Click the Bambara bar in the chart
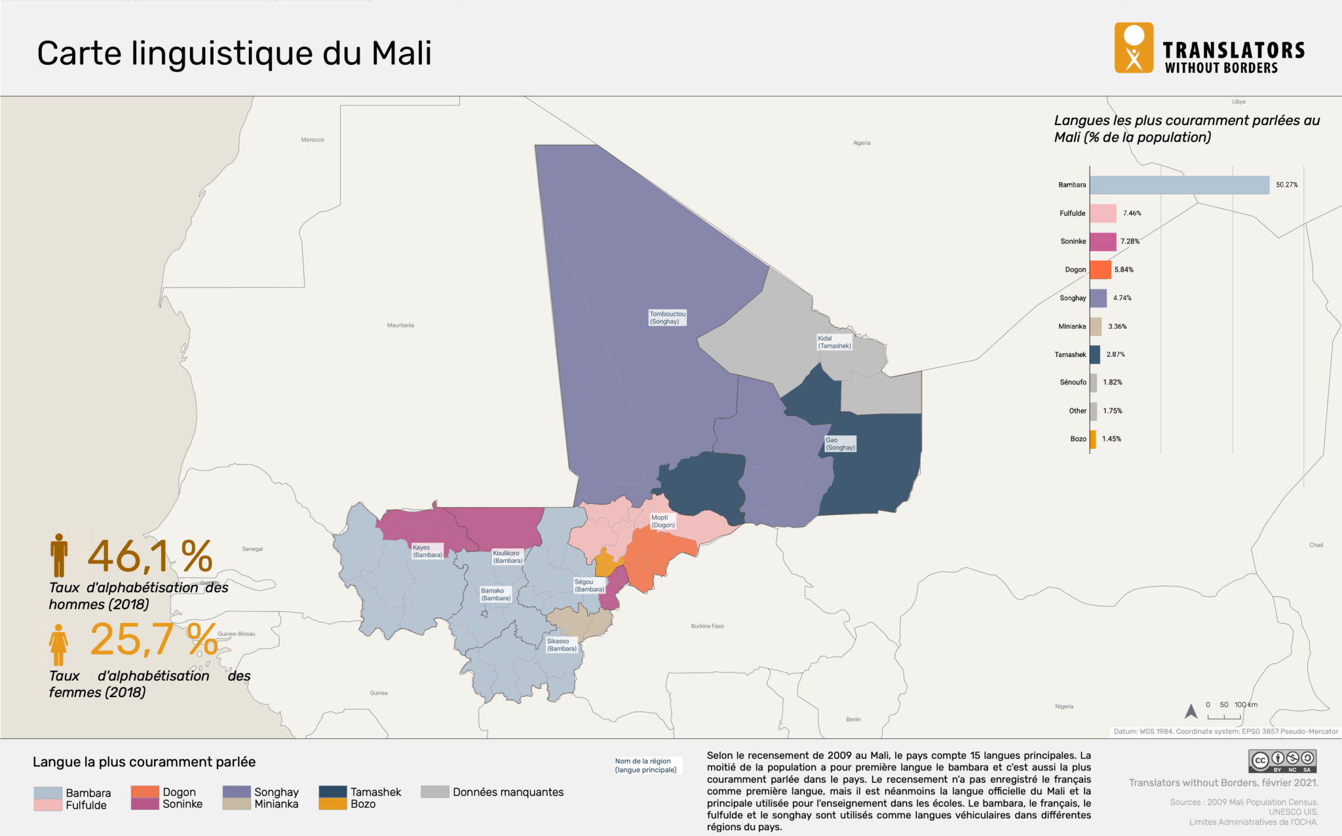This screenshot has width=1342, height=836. (x=1179, y=185)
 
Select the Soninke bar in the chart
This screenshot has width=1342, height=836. (x=1103, y=242)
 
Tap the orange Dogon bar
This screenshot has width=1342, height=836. (x=1100, y=270)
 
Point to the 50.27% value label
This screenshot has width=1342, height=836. (x=1286, y=185)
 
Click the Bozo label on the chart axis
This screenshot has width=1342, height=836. (x=1078, y=439)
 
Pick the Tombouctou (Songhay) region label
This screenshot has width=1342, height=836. (x=667, y=318)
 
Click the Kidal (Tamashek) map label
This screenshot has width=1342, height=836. (x=834, y=342)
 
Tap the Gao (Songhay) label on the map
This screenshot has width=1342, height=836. (x=840, y=444)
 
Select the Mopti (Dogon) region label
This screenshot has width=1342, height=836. (x=662, y=522)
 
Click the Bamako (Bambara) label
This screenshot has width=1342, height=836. (x=495, y=594)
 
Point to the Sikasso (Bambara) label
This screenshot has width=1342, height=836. (x=562, y=645)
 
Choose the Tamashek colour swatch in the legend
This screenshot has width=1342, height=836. (x=332, y=791)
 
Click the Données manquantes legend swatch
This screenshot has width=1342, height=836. (x=434, y=791)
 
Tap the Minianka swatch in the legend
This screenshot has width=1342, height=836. (x=237, y=804)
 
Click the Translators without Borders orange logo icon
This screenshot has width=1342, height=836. (x=1134, y=48)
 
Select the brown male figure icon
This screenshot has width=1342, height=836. (x=59, y=555)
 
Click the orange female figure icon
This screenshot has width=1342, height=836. (x=58, y=645)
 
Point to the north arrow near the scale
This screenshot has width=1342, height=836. (x=1191, y=711)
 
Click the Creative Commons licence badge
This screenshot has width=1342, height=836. (x=1282, y=761)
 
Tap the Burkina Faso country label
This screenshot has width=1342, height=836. (x=707, y=626)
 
